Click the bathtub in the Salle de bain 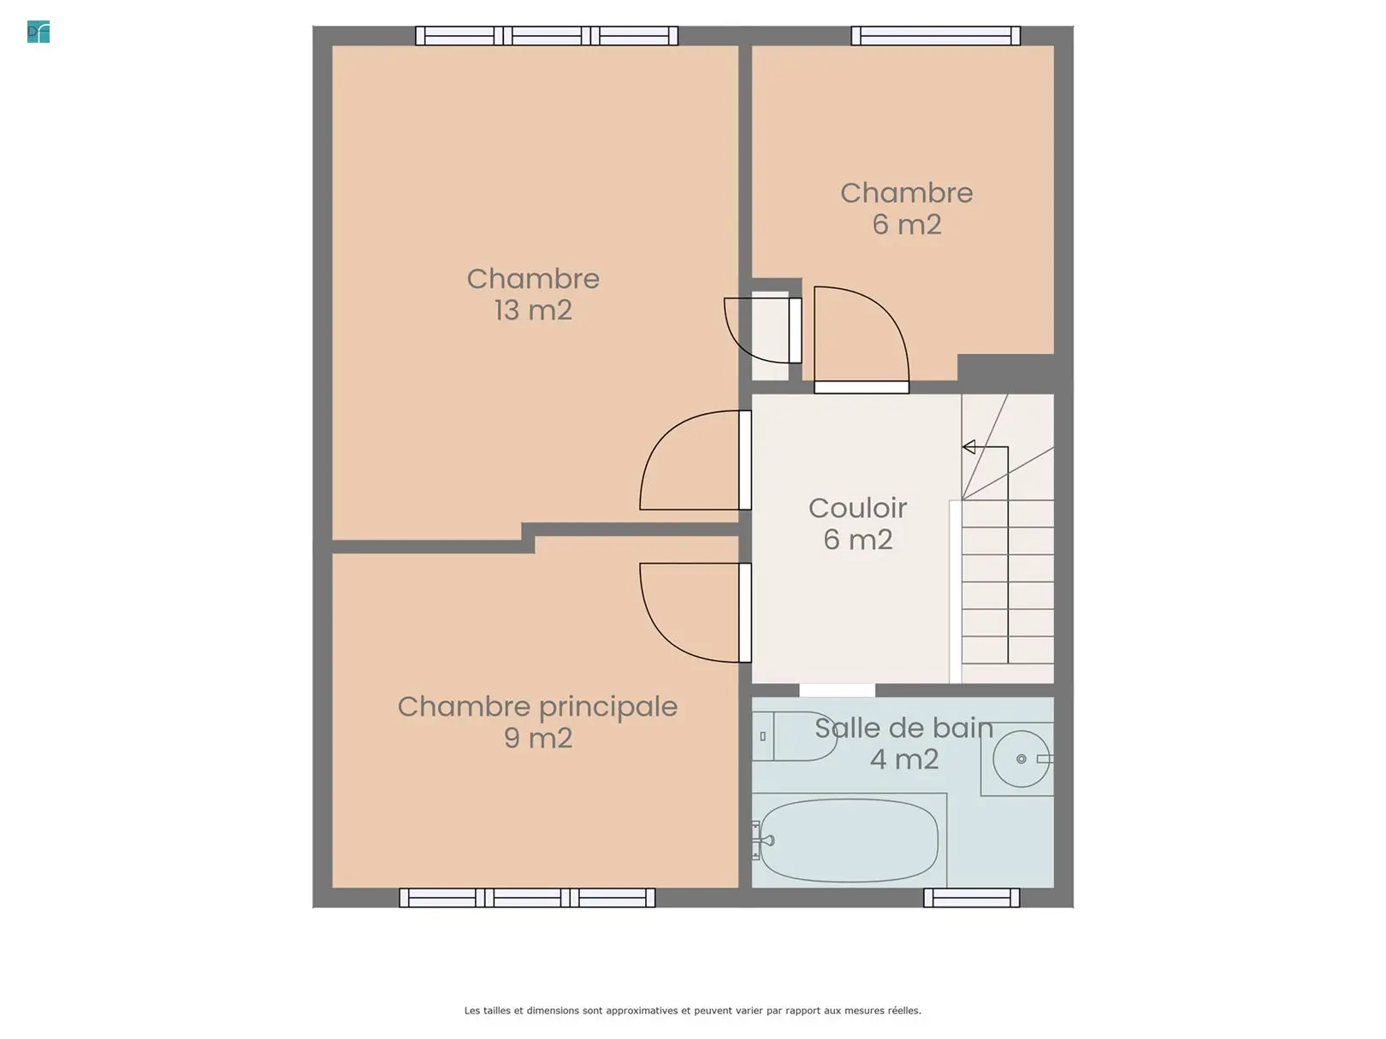(848, 841)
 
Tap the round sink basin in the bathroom (1021, 759)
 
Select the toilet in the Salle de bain (794, 736)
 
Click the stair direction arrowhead (968, 446)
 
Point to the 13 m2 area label (533, 310)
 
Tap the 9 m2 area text (538, 738)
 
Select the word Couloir (857, 508)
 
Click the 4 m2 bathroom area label (904, 759)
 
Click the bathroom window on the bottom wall (971, 898)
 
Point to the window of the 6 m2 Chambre (936, 36)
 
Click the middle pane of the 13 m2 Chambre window (546, 36)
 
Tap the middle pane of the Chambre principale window (527, 898)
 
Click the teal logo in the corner (38, 32)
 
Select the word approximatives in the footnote (643, 1011)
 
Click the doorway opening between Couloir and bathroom (838, 690)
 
